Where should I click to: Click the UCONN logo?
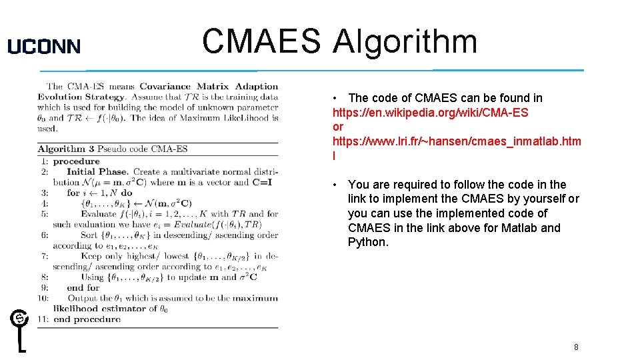[x=44, y=46]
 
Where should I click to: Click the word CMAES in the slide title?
[x=261, y=41]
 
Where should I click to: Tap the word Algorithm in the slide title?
[x=405, y=41]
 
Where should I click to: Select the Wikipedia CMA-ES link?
[x=430, y=113]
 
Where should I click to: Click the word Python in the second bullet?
[x=367, y=242]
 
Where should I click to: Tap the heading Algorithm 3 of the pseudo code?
[x=61, y=149]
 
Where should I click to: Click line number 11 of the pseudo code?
[x=43, y=319]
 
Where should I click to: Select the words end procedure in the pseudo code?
[x=87, y=319]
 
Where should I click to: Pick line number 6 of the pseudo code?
[x=45, y=235]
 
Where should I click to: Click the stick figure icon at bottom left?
[x=20, y=330]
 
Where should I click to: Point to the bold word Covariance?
[x=165, y=86]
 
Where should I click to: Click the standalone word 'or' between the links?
[x=338, y=127]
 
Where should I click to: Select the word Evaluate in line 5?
[x=98, y=214]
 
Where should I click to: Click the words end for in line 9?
[x=83, y=287]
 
